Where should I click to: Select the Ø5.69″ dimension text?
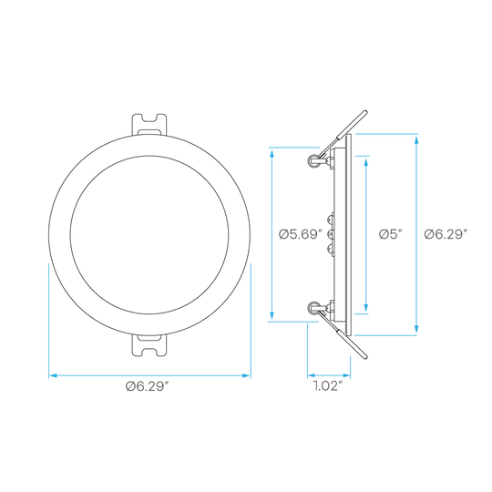point(301,234)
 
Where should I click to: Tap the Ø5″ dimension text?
point(391,234)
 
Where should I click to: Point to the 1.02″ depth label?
point(328,385)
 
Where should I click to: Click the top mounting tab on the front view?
point(149,125)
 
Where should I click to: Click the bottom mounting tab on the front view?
point(149,345)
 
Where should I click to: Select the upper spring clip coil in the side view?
point(313,160)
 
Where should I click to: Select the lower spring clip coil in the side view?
point(313,308)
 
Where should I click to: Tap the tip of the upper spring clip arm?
point(365,112)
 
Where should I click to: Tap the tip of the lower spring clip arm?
point(365,357)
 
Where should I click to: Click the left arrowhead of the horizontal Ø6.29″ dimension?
point(53,375)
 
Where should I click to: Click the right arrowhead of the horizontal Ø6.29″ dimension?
point(247,375)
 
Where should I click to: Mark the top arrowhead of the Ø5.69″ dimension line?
point(272,153)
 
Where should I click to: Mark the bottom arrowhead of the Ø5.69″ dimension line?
point(272,316)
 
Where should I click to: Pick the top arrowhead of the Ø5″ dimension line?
point(366,161)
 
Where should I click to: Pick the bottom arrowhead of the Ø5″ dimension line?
point(366,308)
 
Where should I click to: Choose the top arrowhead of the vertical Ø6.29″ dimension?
point(416,139)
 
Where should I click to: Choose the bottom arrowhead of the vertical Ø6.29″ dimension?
point(416,330)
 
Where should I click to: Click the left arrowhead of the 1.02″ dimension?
point(312,375)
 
